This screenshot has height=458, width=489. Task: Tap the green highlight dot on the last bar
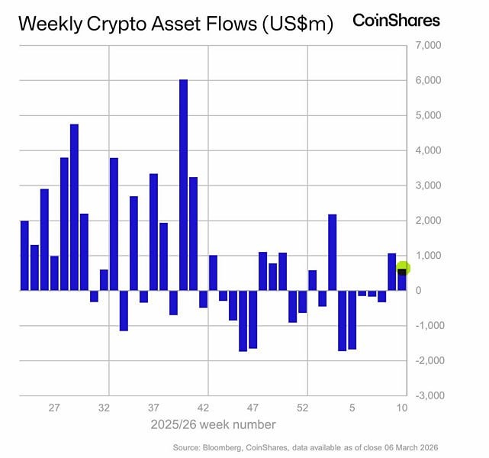click(404, 268)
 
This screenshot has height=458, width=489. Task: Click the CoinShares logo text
click(396, 20)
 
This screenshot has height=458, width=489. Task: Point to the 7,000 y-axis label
click(429, 46)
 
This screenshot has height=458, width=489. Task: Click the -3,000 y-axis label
click(427, 395)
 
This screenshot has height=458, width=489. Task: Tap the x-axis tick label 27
click(54, 408)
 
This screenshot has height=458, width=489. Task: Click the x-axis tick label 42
click(204, 408)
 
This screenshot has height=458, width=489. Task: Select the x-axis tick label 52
click(303, 408)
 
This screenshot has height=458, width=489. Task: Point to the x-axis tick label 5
click(353, 408)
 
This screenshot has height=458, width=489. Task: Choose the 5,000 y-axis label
click(429, 115)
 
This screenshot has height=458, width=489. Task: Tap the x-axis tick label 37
click(154, 408)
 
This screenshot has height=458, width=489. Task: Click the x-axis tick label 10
click(402, 408)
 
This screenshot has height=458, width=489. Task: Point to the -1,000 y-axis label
click(427, 325)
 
